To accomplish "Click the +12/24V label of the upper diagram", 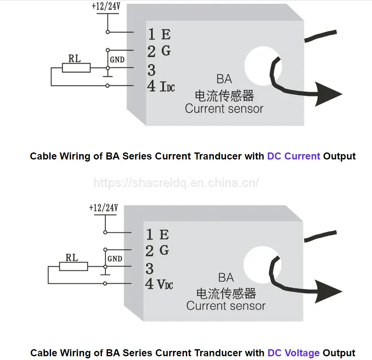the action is point(106,6).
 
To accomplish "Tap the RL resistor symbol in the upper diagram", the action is point(76,68).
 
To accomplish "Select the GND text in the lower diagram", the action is point(115,259).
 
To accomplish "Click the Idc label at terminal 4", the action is point(167,87).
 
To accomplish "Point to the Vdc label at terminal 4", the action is point(165,284).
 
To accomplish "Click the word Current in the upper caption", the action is point(302,156).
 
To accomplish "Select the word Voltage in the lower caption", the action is point(302,353).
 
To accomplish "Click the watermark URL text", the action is point(176,183).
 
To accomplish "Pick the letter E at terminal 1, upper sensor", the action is point(166,34).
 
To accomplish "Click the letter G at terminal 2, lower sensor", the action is point(164,250).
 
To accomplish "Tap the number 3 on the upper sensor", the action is point(151,70).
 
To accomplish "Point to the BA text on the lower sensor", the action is point(226,278).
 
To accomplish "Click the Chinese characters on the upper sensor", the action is point(224,96).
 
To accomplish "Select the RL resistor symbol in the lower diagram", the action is point(73,266).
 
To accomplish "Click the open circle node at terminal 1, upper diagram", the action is point(108,32).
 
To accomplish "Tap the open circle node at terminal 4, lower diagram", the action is point(105,283).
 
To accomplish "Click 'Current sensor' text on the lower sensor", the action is point(226,306).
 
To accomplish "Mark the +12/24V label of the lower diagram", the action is point(103,208).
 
